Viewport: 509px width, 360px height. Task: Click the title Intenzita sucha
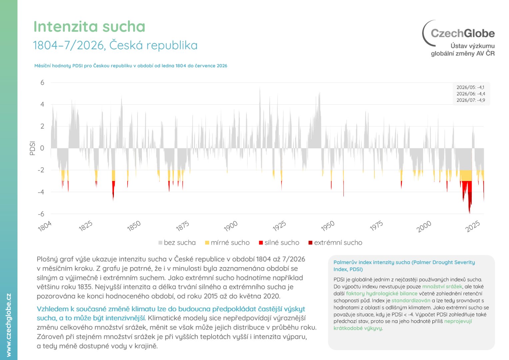(89, 27)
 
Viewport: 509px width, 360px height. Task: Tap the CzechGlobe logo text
(463, 33)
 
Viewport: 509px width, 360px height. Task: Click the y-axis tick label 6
(42, 83)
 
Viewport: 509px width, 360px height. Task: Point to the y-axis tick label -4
(41, 192)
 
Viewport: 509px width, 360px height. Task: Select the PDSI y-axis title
(33, 148)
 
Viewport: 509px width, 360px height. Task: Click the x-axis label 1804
(45, 227)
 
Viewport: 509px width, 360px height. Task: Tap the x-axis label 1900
(231, 227)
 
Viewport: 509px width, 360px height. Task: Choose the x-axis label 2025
(473, 227)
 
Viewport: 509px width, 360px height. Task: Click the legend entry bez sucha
(177, 243)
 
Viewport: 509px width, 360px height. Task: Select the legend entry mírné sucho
(227, 243)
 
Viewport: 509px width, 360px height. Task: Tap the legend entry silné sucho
(279, 243)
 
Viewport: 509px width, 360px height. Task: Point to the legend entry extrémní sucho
(335, 243)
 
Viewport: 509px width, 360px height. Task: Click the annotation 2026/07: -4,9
(471, 100)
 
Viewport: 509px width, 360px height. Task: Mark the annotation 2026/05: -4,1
(470, 87)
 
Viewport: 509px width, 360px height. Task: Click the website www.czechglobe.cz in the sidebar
(9, 325)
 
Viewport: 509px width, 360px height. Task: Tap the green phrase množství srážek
(442, 287)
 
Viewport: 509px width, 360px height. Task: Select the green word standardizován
(411, 300)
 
